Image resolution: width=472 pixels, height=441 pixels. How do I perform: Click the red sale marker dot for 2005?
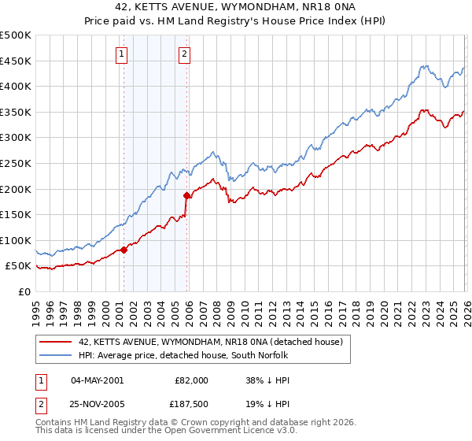[187, 195]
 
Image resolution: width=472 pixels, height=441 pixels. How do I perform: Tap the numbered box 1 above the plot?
[123, 54]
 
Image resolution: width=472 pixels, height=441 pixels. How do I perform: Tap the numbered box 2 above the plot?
[184, 54]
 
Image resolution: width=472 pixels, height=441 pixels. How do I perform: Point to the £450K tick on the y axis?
[16, 61]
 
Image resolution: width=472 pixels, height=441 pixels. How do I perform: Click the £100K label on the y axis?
[16, 240]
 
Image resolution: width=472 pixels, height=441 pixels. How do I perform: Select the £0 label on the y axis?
[24, 291]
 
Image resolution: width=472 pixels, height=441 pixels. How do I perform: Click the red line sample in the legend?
[55, 342]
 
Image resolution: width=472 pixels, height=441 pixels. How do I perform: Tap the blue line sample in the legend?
[55, 355]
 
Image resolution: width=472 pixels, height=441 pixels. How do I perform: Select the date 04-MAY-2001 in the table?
[97, 380]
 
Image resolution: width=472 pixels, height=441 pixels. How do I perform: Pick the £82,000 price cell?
[190, 380]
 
